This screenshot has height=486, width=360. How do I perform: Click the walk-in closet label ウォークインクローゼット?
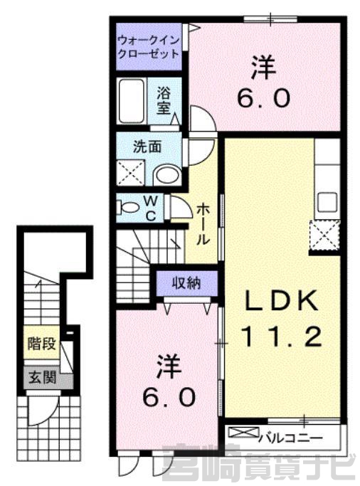point(149,48)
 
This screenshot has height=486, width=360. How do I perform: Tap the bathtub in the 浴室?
point(132,101)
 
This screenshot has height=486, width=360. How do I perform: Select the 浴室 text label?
point(164,100)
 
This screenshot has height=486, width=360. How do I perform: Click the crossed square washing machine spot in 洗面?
point(130,173)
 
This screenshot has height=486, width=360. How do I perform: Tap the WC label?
point(151,208)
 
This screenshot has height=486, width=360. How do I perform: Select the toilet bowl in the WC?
point(127,207)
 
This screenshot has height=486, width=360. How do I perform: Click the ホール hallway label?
point(203,223)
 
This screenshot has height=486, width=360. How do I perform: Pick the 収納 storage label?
point(187,283)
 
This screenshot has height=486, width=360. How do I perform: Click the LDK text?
point(282,300)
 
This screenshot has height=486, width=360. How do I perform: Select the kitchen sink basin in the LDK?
point(327,202)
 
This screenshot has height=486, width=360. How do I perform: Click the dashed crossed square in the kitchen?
point(324,235)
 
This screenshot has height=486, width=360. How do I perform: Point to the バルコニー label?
point(291,438)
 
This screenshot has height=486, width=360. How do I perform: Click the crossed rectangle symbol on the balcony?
point(243,433)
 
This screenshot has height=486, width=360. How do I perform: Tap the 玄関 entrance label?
point(42,377)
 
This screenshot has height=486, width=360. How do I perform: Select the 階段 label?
point(42,343)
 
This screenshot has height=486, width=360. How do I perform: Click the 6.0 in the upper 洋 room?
point(264,98)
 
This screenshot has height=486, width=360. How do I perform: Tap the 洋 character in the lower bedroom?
point(169,366)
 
